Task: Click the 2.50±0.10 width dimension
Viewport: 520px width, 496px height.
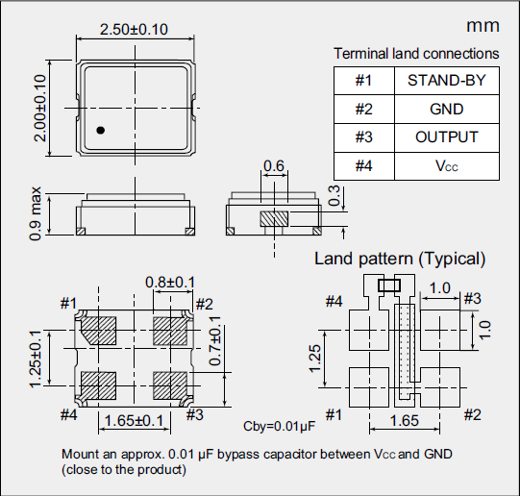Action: (x=134, y=30)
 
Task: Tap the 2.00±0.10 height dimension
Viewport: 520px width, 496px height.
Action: (x=40, y=107)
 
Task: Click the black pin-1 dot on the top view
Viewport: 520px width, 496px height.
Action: (x=100, y=129)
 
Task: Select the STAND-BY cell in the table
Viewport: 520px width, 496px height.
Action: (x=446, y=81)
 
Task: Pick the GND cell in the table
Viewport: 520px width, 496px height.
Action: (x=446, y=110)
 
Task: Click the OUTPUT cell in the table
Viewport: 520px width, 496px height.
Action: (x=446, y=137)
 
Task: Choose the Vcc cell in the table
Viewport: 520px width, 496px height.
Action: (x=446, y=166)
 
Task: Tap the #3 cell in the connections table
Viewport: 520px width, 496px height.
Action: (x=363, y=137)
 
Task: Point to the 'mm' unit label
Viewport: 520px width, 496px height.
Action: (x=481, y=26)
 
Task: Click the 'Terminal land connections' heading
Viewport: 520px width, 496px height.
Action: (x=416, y=54)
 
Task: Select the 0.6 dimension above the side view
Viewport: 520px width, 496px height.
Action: (x=274, y=166)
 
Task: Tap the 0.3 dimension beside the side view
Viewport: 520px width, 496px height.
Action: (x=334, y=196)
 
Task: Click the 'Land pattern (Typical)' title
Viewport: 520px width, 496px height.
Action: (x=400, y=259)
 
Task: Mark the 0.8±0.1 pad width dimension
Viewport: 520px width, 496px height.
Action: (x=169, y=281)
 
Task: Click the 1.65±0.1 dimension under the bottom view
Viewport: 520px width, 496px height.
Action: (x=135, y=421)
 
